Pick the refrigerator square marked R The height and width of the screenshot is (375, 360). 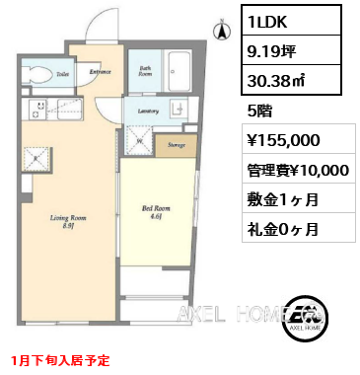point(36,157)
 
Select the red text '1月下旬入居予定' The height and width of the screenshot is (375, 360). point(62,361)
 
